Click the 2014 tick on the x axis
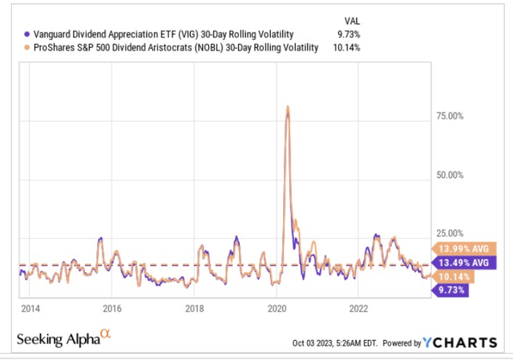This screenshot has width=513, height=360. click(x=30, y=309)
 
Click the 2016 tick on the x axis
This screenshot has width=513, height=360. click(x=112, y=309)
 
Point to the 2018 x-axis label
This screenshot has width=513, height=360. click(x=194, y=309)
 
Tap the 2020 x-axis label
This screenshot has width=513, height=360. click(x=277, y=309)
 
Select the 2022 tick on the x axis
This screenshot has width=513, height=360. click(x=358, y=309)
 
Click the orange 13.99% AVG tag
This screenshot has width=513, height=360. click(x=463, y=248)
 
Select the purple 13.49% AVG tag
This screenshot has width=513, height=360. click(x=463, y=262)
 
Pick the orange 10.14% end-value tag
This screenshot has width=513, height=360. click(x=454, y=277)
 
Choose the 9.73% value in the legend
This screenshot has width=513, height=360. click(x=340, y=34)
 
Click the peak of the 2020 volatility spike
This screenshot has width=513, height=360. click(x=287, y=107)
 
